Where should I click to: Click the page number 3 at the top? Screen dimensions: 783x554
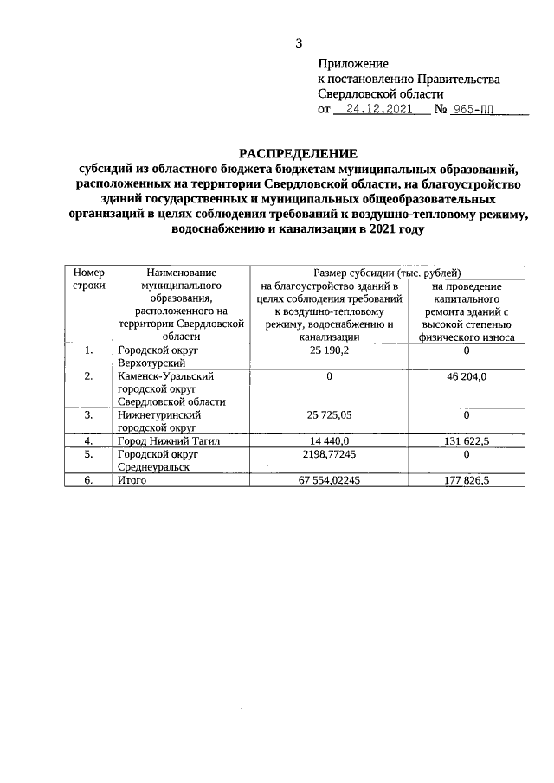[x=299, y=43]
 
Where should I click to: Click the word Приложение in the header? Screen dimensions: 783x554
[x=353, y=64]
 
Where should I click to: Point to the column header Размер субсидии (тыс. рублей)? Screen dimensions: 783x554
[x=387, y=272]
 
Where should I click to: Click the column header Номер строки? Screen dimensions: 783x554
[x=88, y=278]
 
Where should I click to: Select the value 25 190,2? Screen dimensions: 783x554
[x=329, y=350]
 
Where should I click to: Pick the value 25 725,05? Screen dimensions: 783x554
[x=329, y=415]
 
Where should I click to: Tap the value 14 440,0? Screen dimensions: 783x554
[x=329, y=440]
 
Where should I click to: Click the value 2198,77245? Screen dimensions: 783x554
[x=329, y=453]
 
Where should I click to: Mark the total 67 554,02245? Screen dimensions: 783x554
[x=329, y=480]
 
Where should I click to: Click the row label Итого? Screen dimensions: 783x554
[x=132, y=480]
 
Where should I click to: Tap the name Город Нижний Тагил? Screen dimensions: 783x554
[x=166, y=440]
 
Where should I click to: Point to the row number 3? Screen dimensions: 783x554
[x=88, y=415]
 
